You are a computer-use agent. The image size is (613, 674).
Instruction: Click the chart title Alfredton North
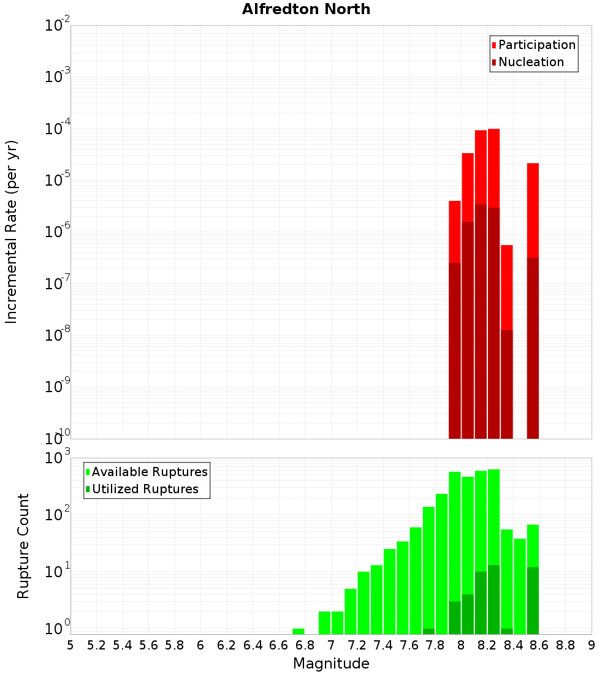coord(306,9)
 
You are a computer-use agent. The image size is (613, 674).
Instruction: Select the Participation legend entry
coord(536,45)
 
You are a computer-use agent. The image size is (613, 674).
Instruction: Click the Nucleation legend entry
coord(530,62)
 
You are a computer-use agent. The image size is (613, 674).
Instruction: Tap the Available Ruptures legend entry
coord(149,472)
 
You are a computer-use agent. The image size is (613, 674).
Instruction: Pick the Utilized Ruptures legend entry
coord(145,489)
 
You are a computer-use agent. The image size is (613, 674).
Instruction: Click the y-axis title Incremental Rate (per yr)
coord(12,232)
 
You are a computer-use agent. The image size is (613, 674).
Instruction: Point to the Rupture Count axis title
coord(23,546)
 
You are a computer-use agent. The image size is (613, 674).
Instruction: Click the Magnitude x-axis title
coord(331,664)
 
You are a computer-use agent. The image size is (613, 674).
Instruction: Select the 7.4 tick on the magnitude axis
coord(383,645)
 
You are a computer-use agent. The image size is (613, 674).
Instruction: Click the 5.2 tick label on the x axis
coord(96,645)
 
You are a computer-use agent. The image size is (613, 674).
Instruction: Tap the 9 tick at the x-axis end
coord(591,645)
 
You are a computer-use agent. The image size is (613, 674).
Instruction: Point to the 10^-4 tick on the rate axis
coord(58,129)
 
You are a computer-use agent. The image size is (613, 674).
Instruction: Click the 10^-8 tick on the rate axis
coord(58,335)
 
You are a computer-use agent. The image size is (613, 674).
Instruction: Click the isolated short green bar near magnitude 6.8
coord(299,631)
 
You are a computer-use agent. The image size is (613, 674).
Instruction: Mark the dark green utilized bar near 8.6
coord(533,600)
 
